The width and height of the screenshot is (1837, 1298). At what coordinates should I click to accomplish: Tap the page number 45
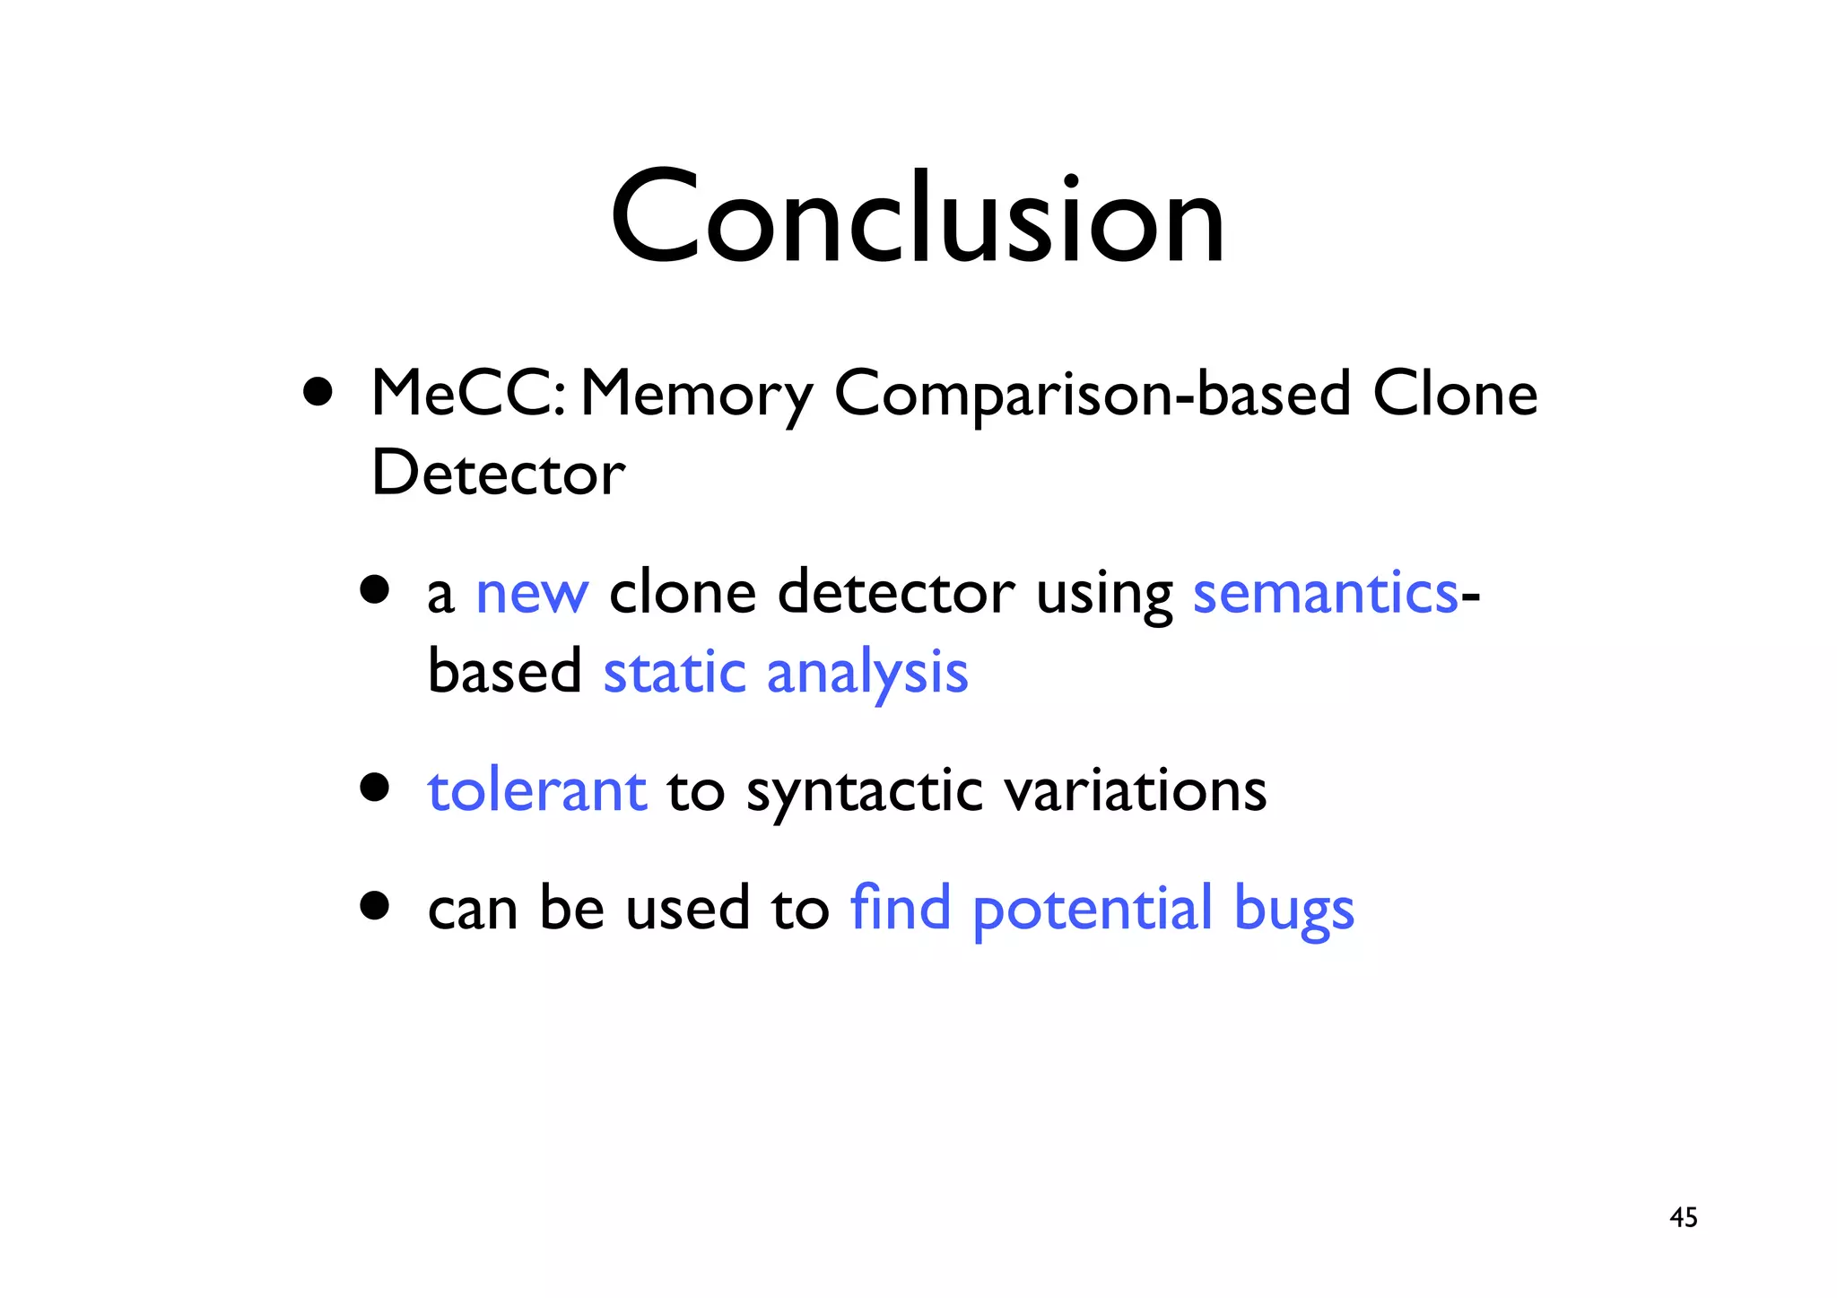[x=1683, y=1217]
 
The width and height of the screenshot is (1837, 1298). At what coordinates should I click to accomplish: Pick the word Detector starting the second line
[x=498, y=472]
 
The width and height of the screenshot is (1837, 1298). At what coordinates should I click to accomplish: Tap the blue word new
[x=532, y=594]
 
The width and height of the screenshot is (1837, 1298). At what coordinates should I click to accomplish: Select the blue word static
[x=674, y=672]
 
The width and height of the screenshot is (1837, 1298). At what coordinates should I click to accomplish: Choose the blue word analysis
[x=866, y=674]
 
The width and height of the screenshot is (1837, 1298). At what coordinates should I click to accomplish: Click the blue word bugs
[x=1293, y=910]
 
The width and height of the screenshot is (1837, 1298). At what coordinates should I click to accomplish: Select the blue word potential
[x=1093, y=910]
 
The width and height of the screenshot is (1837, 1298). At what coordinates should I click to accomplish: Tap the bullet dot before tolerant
[x=374, y=788]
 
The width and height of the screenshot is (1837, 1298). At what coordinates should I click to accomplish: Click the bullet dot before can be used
[x=374, y=905]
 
